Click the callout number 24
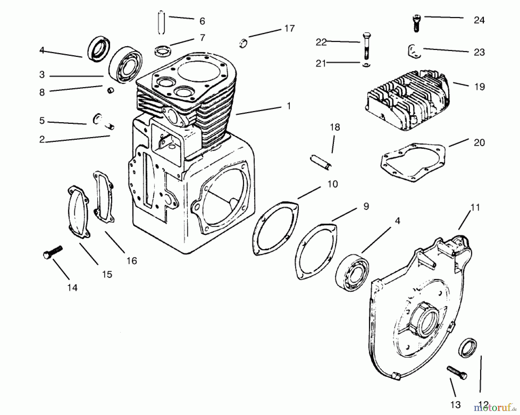(x=479, y=20)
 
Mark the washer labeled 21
(x=366, y=65)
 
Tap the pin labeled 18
(x=321, y=163)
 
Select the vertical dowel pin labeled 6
(x=161, y=23)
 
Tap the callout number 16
(x=131, y=261)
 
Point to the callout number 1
(x=288, y=106)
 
